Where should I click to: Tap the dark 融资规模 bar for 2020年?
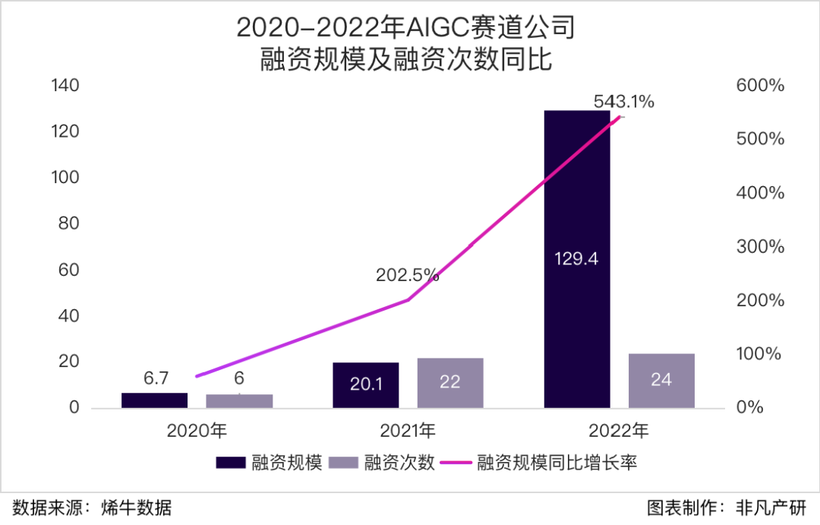click(154, 400)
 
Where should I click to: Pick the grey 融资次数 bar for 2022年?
click(661, 380)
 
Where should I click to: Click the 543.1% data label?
click(623, 101)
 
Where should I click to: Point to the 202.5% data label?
click(407, 274)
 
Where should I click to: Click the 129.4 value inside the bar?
click(577, 259)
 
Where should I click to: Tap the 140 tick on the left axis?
click(65, 86)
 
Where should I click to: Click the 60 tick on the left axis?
click(70, 270)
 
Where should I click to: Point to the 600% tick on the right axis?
click(760, 86)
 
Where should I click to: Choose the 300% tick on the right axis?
click(760, 247)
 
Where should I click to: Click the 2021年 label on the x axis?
click(408, 432)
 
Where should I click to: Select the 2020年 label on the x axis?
click(197, 432)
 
